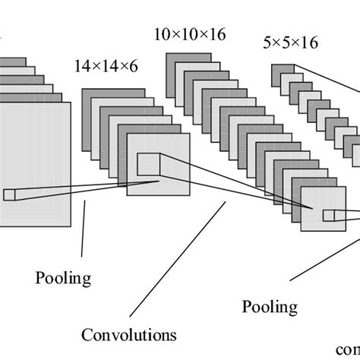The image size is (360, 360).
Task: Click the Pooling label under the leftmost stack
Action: [x=63, y=278]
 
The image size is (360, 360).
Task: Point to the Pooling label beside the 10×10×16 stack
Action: [x=270, y=307]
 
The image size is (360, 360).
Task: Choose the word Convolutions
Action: [x=129, y=334]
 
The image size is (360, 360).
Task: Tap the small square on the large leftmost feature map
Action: [x=9, y=194]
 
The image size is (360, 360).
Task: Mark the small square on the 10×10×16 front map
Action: [x=328, y=215]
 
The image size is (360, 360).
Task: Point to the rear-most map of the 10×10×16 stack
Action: [x=186, y=61]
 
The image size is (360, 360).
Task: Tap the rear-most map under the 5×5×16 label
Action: [x=283, y=72]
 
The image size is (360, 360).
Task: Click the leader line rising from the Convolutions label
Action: [x=178, y=258]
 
